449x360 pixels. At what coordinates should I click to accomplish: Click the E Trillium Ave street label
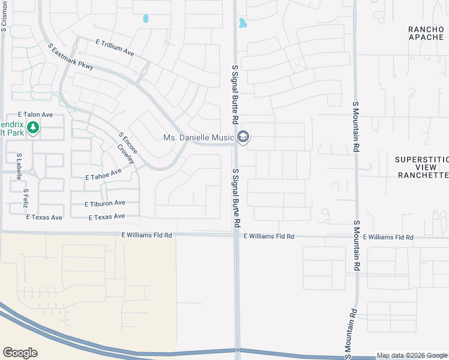[114, 47]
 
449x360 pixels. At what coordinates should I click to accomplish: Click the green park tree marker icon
[34, 127]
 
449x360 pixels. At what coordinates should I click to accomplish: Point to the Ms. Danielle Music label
[198, 138]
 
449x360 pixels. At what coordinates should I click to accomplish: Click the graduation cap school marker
[243, 138]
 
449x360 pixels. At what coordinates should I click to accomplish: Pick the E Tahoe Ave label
[103, 175]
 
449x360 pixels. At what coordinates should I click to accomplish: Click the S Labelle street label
[19, 166]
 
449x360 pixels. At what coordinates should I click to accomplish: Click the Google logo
[20, 352]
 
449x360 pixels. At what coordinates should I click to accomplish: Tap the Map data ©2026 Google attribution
[412, 355]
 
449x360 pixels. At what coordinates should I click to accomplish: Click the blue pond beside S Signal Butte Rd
[243, 23]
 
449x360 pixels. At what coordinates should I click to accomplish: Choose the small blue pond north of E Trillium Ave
[145, 19]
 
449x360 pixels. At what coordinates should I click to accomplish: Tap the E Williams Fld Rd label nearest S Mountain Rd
[388, 238]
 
